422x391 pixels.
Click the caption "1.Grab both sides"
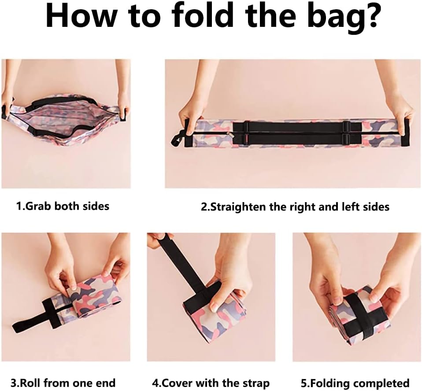pyautogui.click(x=63, y=206)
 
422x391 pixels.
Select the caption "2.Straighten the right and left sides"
pyautogui.click(x=295, y=207)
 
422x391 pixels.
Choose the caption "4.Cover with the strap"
pyautogui.click(x=211, y=383)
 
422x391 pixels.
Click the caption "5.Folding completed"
pyautogui.click(x=356, y=383)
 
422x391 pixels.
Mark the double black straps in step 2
pyautogui.click(x=291, y=133)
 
